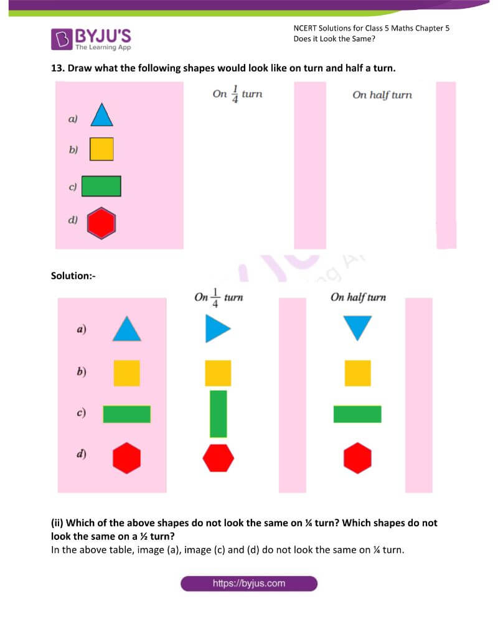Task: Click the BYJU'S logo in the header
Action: [x=91, y=38]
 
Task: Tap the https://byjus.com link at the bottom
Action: [x=249, y=583]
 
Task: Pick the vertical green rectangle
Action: [x=218, y=414]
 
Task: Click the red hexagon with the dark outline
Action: [x=101, y=223]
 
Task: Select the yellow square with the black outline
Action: [x=101, y=149]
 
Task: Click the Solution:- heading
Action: [x=73, y=275]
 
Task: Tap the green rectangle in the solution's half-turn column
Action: [x=357, y=414]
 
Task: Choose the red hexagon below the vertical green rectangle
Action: [x=218, y=458]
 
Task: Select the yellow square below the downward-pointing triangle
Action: [x=358, y=373]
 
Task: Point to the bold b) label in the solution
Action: [x=81, y=372]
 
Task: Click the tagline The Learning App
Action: [x=103, y=47]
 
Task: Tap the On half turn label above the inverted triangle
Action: [x=358, y=297]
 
